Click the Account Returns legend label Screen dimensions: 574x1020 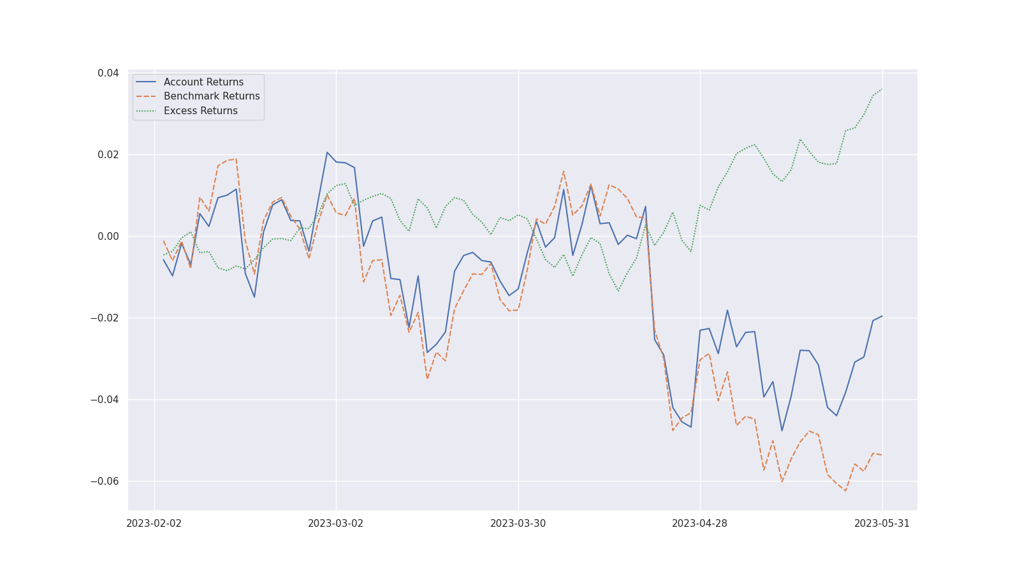pos(203,82)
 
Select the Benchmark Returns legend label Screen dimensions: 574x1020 pos(212,96)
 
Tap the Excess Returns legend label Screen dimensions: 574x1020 pos(200,111)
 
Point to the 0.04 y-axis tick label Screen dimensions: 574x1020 pos(108,73)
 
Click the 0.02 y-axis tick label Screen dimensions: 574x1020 pos(108,155)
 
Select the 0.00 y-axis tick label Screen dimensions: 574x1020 pos(108,237)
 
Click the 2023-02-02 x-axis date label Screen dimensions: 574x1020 pos(154,524)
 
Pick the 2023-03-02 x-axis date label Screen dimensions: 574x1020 pos(336,524)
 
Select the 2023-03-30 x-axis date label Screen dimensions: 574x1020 pos(518,524)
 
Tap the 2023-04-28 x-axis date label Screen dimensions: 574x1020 pos(700,524)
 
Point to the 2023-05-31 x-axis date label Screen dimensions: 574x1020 pos(882,524)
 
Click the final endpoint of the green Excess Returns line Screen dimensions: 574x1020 pos(882,89)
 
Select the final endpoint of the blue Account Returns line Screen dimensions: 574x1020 pos(882,316)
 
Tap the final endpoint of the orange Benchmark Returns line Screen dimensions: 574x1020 pos(882,455)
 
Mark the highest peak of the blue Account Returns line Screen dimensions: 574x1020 pos(327,152)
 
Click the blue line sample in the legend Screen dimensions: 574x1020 pos(146,82)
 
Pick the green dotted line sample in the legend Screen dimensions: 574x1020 pos(146,111)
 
